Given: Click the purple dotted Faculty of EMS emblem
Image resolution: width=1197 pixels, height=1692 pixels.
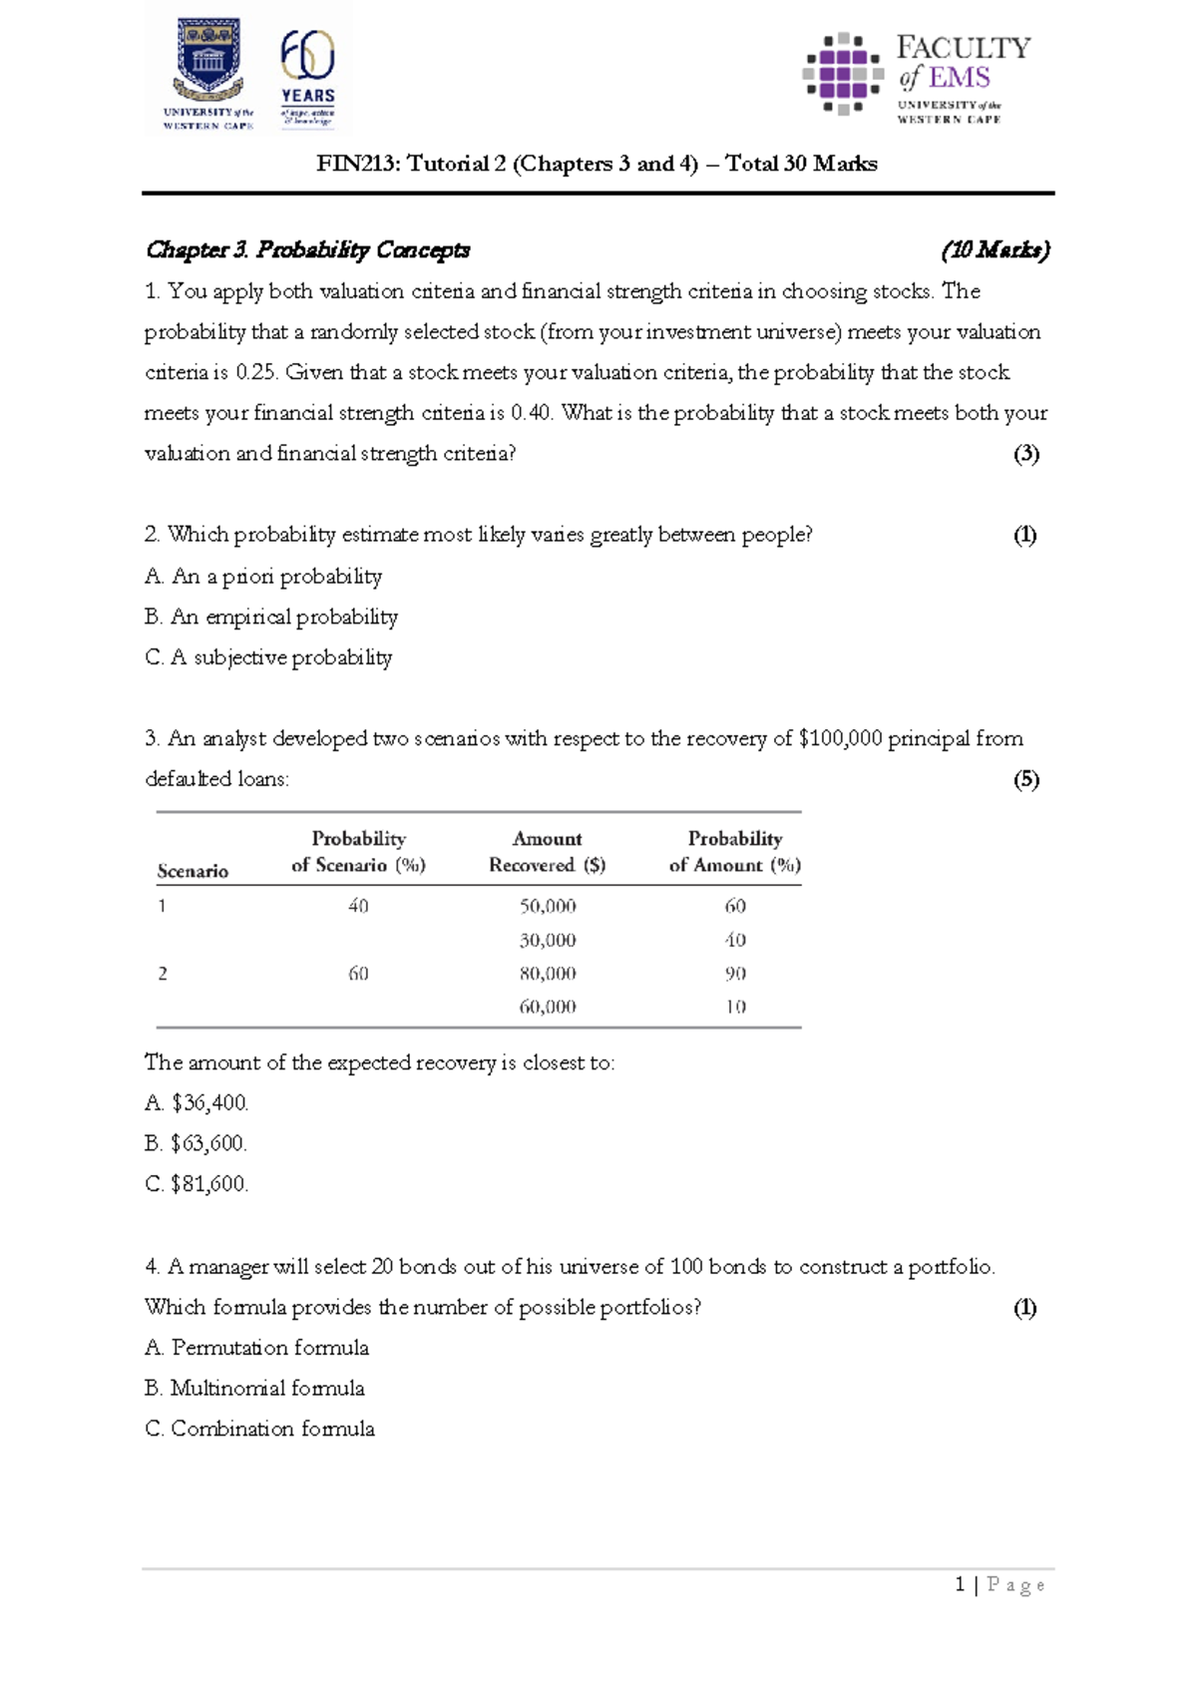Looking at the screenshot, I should pyautogui.click(x=843, y=73).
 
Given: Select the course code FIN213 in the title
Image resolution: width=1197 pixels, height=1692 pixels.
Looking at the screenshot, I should pyautogui.click(x=354, y=164).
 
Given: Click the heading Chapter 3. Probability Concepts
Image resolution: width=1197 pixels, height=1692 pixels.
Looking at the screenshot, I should pyautogui.click(x=307, y=249).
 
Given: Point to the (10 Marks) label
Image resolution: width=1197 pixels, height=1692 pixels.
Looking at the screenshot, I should pyautogui.click(x=995, y=249).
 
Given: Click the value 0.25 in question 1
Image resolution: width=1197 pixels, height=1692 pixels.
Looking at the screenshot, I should pyautogui.click(x=255, y=372).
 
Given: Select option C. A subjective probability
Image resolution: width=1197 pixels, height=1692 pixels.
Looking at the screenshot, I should pyautogui.click(x=268, y=657).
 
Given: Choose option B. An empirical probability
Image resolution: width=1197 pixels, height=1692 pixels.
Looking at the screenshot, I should pyautogui.click(x=271, y=617).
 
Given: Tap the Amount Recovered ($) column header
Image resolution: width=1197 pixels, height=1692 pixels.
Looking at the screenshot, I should pyautogui.click(x=547, y=852).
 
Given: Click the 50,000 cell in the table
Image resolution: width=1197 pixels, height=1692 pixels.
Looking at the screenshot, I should pyautogui.click(x=548, y=906).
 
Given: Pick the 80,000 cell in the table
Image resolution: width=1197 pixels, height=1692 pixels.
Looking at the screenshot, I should pyautogui.click(x=548, y=973).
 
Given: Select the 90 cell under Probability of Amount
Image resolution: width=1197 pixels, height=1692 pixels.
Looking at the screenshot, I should pyautogui.click(x=735, y=973).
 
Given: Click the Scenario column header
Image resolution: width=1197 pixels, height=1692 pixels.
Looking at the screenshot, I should pyautogui.click(x=193, y=871).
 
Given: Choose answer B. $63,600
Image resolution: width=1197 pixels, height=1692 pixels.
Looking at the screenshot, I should pyautogui.click(x=197, y=1143).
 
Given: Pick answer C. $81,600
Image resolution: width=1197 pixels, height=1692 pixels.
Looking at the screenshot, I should pyautogui.click(x=197, y=1184).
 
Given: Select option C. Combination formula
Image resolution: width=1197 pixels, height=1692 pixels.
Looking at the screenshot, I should pyautogui.click(x=260, y=1429).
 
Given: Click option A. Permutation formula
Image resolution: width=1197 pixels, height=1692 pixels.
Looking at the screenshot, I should pyautogui.click(x=257, y=1348).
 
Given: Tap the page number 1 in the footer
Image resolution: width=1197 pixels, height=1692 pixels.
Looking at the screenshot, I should pyautogui.click(x=960, y=1584).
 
